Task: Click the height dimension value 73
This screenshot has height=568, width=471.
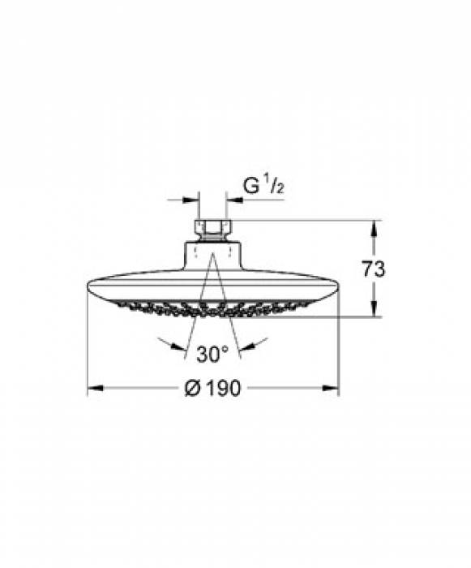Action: (x=375, y=269)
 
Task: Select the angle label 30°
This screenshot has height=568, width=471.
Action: (x=212, y=354)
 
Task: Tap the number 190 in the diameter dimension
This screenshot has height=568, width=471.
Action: (x=224, y=389)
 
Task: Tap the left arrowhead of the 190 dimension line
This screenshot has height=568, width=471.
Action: (x=93, y=389)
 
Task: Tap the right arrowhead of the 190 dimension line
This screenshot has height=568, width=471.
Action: (x=332, y=389)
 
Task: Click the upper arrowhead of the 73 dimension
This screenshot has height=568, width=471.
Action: (x=374, y=227)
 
